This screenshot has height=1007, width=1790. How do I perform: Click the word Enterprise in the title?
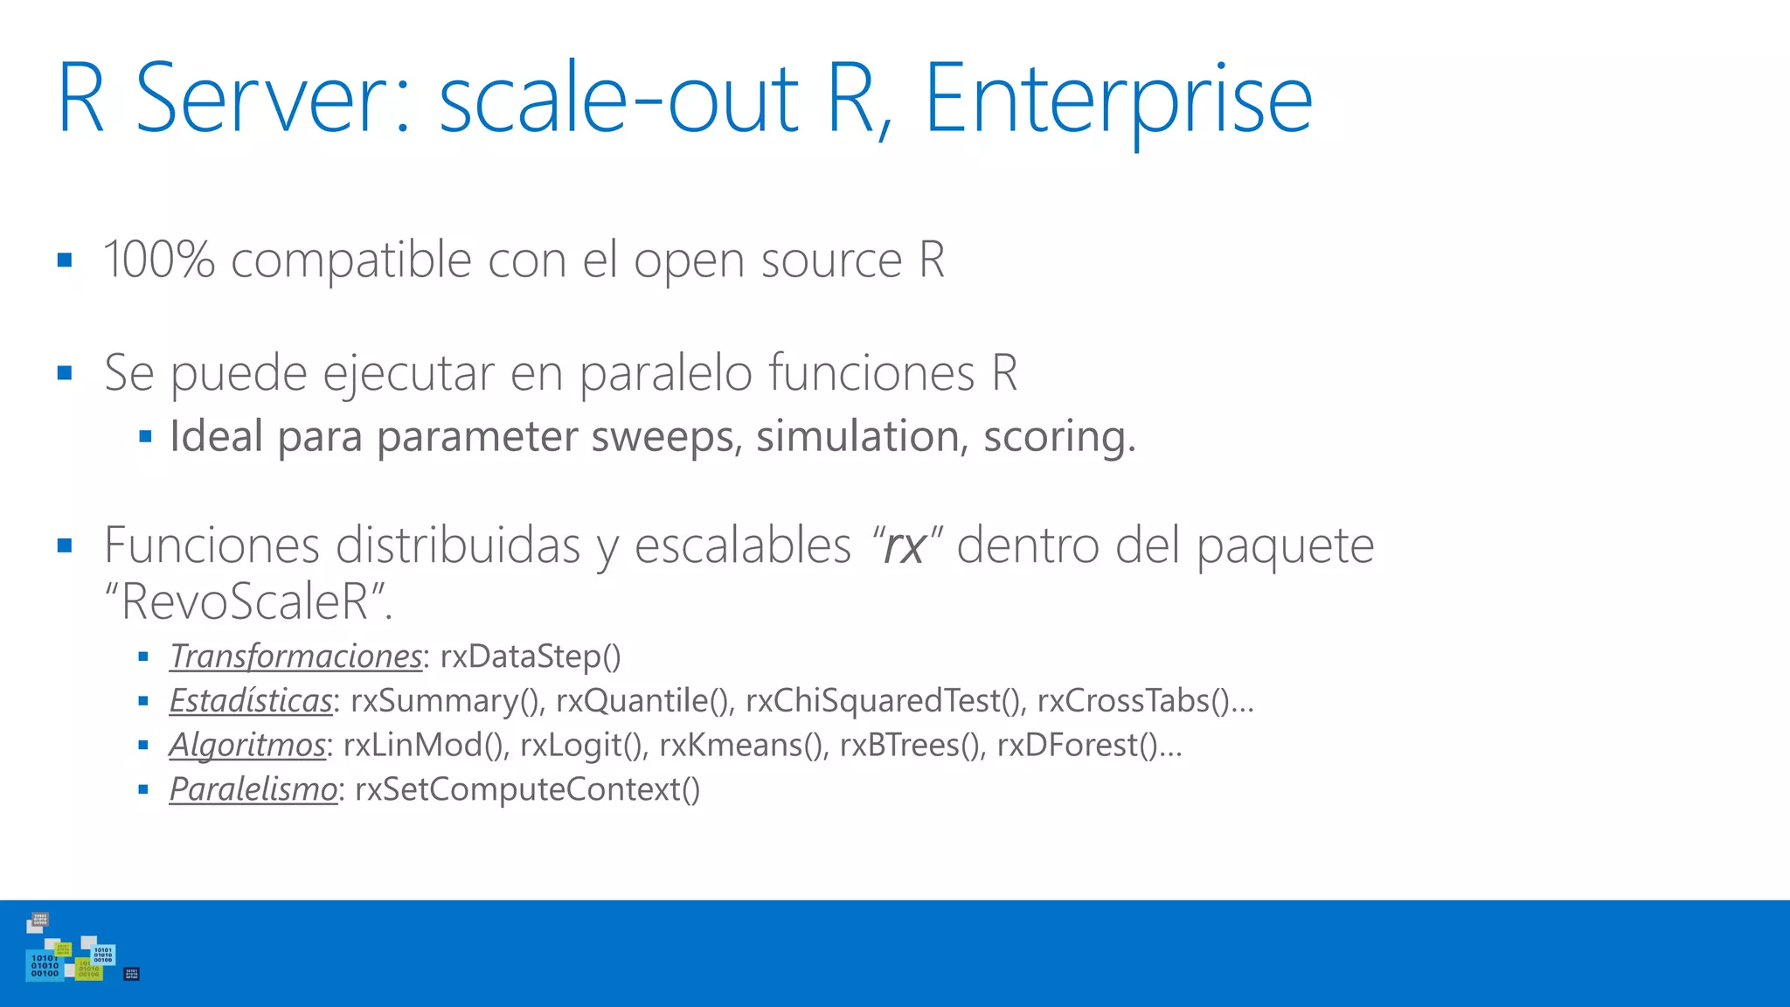click(x=1118, y=101)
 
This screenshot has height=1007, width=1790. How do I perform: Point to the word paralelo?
click(x=666, y=373)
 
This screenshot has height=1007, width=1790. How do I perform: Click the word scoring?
click(x=1058, y=437)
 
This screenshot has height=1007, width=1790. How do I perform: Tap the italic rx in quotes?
click(x=904, y=546)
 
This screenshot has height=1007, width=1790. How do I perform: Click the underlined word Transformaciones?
click(x=295, y=656)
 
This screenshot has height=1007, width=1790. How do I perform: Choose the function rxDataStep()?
click(x=531, y=656)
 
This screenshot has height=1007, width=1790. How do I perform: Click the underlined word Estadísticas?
click(x=251, y=701)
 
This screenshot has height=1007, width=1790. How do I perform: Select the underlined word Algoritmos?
click(x=247, y=745)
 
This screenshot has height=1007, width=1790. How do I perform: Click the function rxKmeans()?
click(x=743, y=745)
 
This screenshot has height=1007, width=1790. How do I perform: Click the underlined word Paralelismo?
click(x=253, y=789)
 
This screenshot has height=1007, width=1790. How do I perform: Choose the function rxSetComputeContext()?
click(x=527, y=789)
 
